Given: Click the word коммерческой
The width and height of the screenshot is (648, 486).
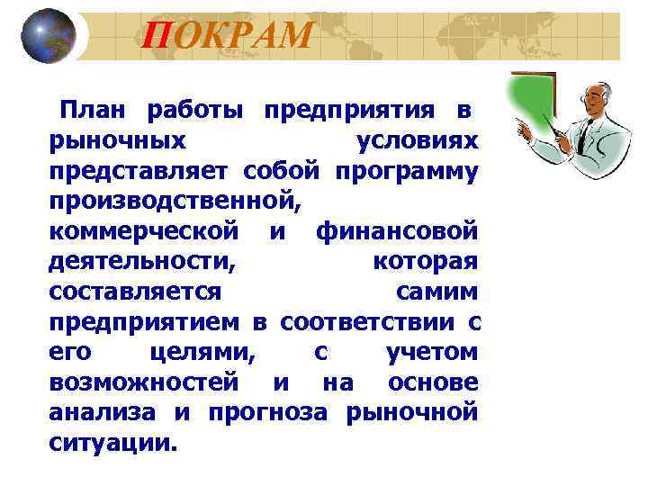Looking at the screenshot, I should pyautogui.click(x=145, y=231).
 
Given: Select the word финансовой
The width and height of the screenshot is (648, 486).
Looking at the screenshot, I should pyautogui.click(x=397, y=231).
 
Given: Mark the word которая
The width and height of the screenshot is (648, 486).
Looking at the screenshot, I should pyautogui.click(x=425, y=262).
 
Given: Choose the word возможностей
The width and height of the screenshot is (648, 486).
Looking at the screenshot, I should pyautogui.click(x=144, y=382).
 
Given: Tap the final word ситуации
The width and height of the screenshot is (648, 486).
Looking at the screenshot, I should pyautogui.click(x=114, y=444).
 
